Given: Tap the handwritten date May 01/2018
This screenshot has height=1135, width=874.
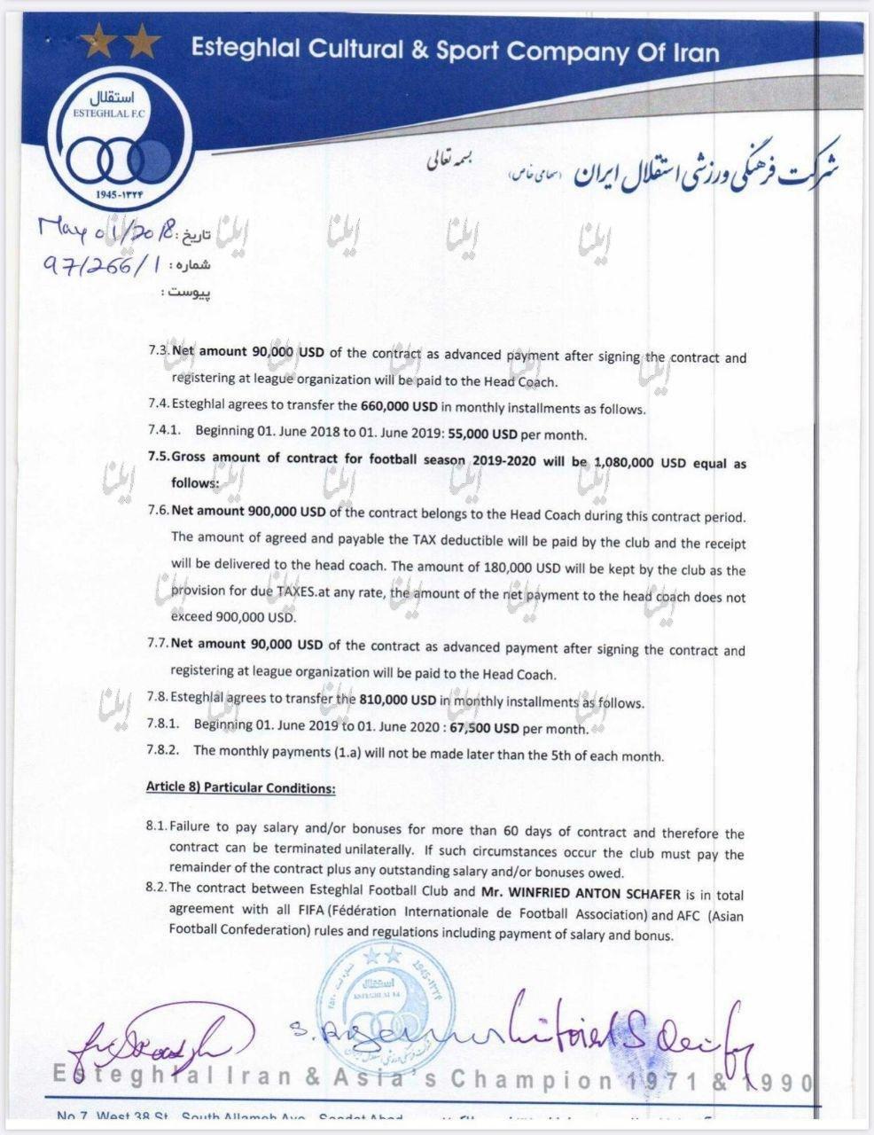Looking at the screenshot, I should tap(108, 234).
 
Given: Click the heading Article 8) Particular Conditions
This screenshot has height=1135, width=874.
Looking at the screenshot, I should tap(240, 787).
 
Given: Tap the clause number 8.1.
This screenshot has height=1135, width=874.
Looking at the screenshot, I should tap(156, 826).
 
